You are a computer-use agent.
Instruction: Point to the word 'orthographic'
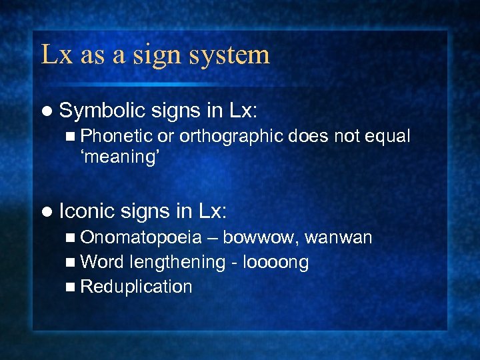[231, 137]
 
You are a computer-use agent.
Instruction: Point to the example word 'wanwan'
[339, 238]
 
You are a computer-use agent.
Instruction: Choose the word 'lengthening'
[179, 263]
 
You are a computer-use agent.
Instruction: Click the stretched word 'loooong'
[275, 263]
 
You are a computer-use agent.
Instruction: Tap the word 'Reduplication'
[136, 287]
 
